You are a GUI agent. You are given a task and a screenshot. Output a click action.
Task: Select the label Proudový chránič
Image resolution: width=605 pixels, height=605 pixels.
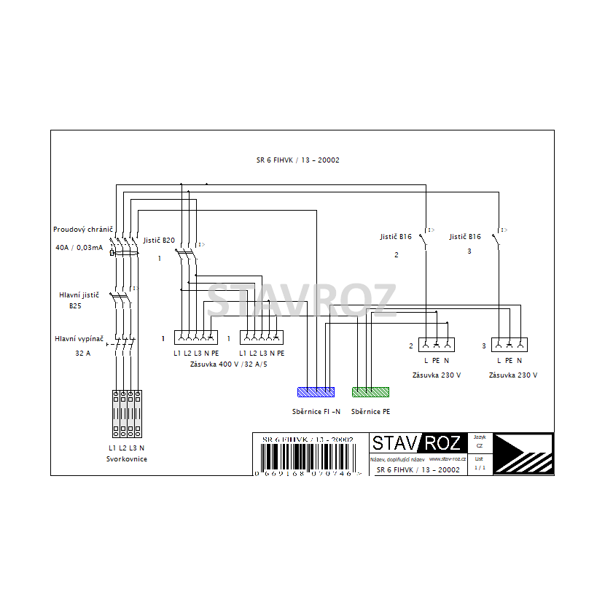[82, 229]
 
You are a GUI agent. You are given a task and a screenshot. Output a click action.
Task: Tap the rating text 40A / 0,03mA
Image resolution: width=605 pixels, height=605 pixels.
[79, 248]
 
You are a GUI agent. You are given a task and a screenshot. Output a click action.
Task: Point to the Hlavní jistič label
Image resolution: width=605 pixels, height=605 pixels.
[79, 295]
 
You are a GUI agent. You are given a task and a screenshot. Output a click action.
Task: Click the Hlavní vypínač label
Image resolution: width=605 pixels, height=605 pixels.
[79, 339]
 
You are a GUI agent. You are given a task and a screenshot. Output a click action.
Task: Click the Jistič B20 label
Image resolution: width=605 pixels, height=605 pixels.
[159, 240]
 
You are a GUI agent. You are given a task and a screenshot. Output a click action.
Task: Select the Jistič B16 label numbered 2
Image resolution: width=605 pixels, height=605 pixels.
[396, 237]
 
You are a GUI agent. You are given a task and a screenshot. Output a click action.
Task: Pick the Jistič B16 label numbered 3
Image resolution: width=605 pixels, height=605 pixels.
[465, 237]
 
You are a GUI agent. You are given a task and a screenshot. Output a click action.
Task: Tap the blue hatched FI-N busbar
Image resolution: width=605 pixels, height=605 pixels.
[316, 392]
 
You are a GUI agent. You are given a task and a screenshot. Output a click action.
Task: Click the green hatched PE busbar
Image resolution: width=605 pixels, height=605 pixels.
[370, 392]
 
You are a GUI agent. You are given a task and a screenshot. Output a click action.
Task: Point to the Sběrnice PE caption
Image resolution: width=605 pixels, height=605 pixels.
[370, 411]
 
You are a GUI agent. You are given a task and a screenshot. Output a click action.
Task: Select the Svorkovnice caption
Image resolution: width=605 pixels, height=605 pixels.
[127, 459]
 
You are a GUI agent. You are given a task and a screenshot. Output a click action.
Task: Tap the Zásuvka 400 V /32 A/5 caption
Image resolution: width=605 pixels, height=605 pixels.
[228, 364]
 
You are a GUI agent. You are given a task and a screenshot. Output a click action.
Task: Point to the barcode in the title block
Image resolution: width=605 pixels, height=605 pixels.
[307, 458]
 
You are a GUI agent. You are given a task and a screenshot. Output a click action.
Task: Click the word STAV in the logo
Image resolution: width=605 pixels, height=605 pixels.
[394, 443]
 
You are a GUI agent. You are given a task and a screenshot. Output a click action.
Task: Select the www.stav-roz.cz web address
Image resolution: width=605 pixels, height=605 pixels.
[448, 459]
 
